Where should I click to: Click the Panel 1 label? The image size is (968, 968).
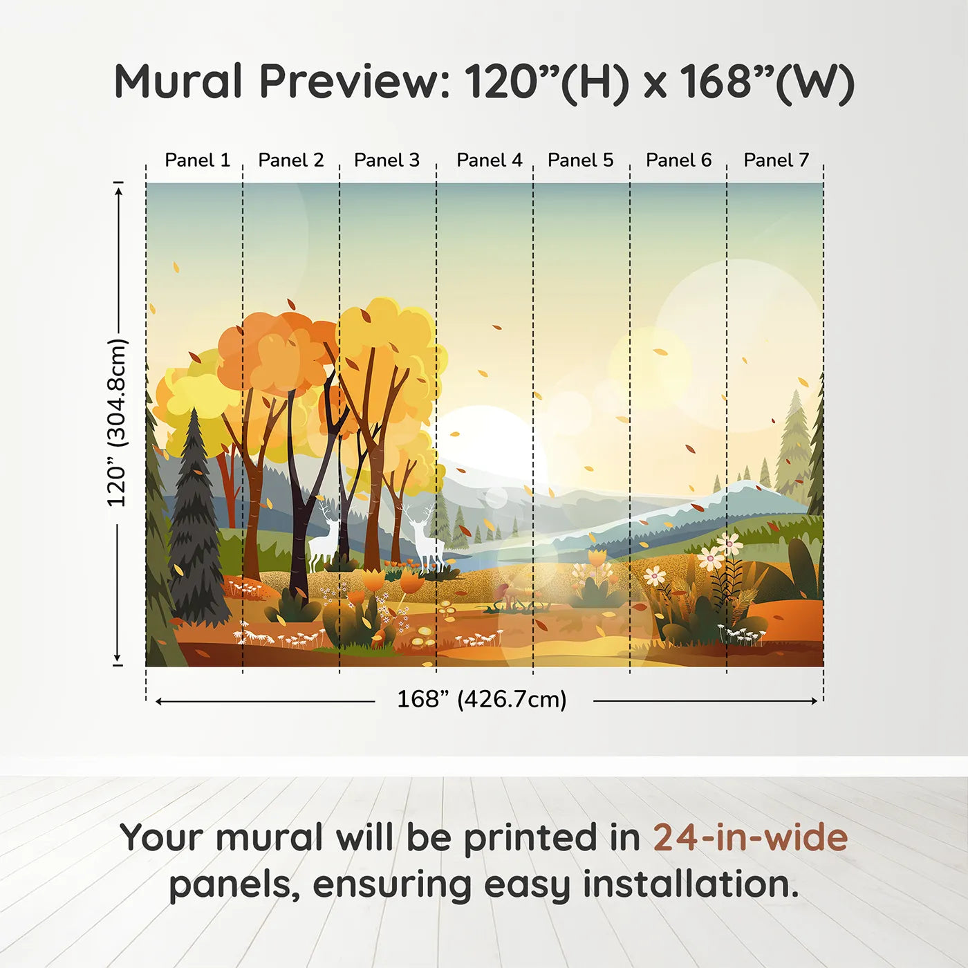[x=197, y=160]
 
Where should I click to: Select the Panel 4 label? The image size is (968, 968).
[x=490, y=160]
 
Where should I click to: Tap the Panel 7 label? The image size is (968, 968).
[x=776, y=160]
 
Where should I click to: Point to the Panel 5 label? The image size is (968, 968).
[x=580, y=160]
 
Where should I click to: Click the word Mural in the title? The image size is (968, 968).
[x=178, y=82]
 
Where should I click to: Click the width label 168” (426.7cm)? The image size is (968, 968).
[x=482, y=699]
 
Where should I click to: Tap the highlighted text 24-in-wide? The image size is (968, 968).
[x=750, y=837]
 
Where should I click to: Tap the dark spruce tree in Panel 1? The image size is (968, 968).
[x=196, y=525]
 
